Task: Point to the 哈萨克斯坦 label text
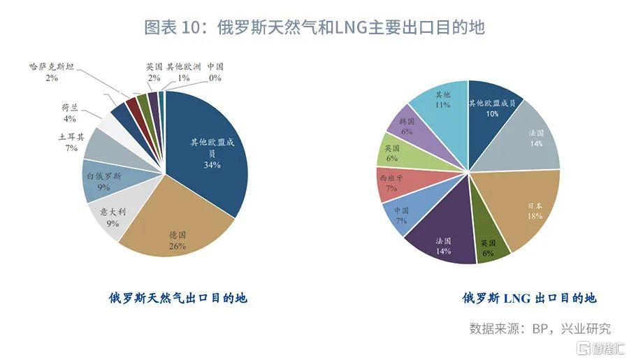click(52, 67)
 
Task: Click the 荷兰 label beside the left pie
click(70, 108)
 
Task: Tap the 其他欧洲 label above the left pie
click(183, 67)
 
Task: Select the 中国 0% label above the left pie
click(215, 67)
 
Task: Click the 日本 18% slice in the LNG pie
click(531, 210)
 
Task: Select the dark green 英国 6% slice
click(486, 248)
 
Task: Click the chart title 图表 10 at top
click(314, 27)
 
